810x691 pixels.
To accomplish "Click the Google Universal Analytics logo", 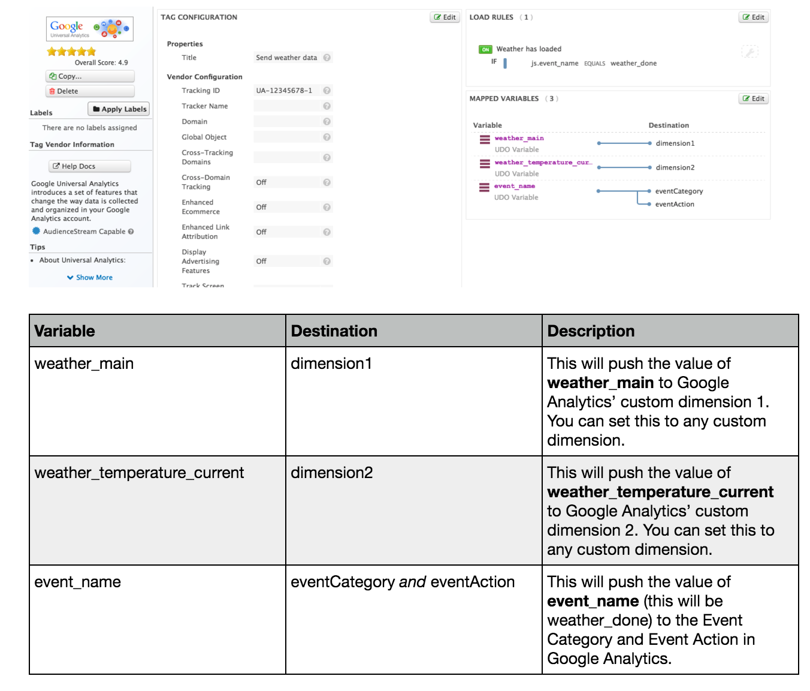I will point(90,29).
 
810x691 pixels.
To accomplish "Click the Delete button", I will point(90,91).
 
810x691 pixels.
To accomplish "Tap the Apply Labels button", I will point(119,109).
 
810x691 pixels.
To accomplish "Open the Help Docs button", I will point(90,166).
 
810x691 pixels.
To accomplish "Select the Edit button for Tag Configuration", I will point(445,17).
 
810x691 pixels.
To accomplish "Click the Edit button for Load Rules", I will point(753,17).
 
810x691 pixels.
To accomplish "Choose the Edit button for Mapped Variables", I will point(753,98).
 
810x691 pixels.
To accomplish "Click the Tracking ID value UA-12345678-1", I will point(284,91).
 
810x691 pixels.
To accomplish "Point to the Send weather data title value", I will point(286,58).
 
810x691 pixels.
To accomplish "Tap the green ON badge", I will point(485,50).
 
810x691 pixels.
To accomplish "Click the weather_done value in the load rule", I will point(633,64).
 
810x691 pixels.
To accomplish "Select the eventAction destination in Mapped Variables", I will point(675,205).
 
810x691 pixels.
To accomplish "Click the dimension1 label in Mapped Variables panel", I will point(675,143).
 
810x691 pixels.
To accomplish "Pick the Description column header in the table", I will point(591,331).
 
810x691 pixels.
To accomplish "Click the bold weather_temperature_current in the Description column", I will point(660,492).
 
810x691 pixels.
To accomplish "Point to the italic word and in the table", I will point(412,582).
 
